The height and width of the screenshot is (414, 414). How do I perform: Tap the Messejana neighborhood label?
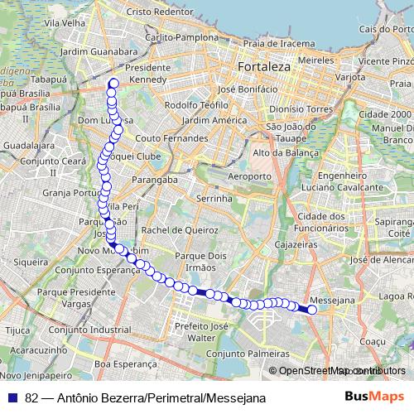pyautogui.click(x=331, y=299)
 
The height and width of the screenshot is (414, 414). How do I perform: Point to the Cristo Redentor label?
pyautogui.click(x=159, y=13)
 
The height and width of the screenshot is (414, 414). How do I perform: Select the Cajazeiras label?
pyautogui.click(x=296, y=246)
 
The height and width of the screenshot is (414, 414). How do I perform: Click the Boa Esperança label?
pyautogui.click(x=124, y=363)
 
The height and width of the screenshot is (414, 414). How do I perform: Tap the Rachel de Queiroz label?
pyautogui.click(x=174, y=229)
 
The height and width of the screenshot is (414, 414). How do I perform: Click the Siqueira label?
pyautogui.click(x=31, y=261)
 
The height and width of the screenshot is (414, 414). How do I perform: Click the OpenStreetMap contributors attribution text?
pyautogui.click(x=341, y=371)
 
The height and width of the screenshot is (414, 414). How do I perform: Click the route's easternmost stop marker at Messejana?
pyautogui.click(x=312, y=310)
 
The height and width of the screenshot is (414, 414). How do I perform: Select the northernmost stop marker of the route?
pyautogui.click(x=113, y=82)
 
